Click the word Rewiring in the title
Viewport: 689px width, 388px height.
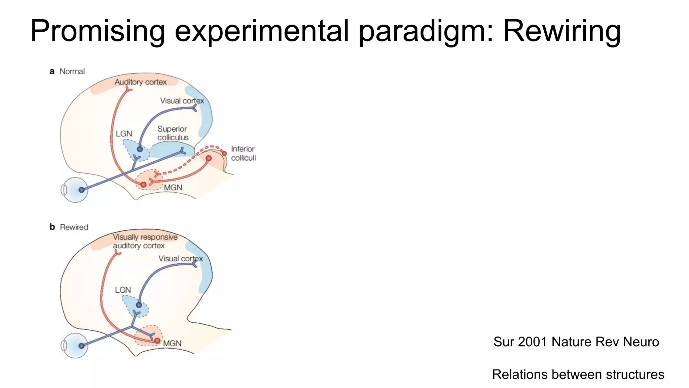coord(561,31)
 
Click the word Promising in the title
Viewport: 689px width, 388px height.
coord(98,31)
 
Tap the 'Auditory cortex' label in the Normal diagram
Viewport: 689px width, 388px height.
coord(140,82)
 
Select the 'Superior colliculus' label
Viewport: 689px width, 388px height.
coord(173,133)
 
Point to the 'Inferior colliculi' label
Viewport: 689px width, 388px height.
coord(243,153)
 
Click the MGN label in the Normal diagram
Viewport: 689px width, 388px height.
coord(173,188)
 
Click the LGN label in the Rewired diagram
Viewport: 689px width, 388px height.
coord(123,290)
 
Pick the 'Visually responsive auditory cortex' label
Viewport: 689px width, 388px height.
coord(145,241)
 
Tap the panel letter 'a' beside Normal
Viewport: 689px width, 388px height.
coord(52,71)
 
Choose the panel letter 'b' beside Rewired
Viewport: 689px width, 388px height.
coord(52,227)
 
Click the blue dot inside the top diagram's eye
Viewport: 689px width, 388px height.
coord(81,190)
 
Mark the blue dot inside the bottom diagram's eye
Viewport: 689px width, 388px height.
coord(81,346)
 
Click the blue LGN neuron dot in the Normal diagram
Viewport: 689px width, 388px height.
coord(140,149)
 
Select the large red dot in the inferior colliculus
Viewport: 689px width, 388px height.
coord(209,158)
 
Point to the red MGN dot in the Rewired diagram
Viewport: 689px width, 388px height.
coord(157,341)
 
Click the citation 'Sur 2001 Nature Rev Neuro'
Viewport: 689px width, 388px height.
coord(576,342)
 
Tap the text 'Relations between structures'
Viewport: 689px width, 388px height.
coord(578,374)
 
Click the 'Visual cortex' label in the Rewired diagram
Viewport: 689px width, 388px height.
coord(181,259)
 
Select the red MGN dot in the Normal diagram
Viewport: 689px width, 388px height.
coord(144,185)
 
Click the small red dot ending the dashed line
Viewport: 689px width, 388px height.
coord(224,154)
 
